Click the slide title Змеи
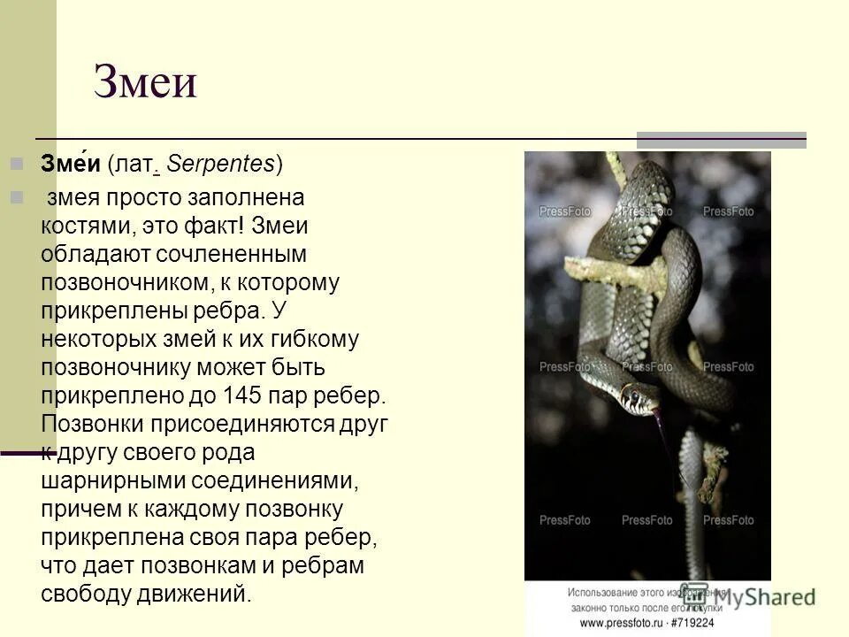(x=145, y=84)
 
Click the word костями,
(x=85, y=226)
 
